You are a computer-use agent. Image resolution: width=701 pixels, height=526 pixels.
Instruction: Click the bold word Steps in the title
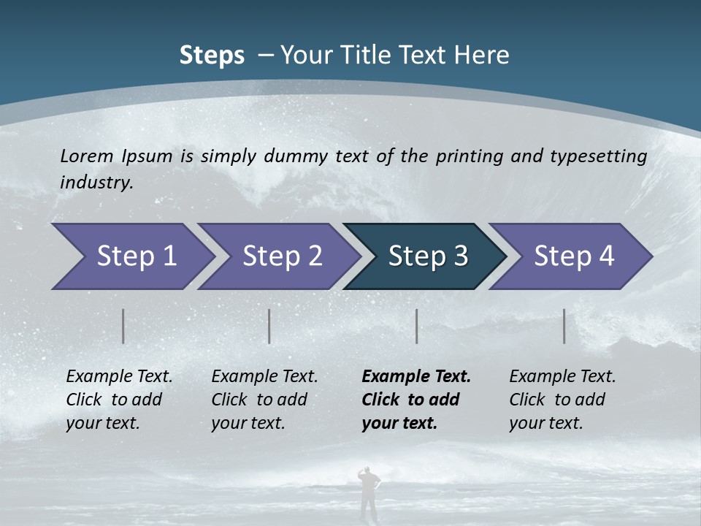coord(212,55)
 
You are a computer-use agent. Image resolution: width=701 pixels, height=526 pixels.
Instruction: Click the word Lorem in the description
coord(85,156)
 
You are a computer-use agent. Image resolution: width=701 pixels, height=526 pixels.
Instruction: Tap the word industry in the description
coord(96,183)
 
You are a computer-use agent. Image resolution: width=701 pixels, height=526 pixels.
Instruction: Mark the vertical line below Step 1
coord(123,326)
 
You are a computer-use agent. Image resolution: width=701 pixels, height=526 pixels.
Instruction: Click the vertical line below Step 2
coord(269,326)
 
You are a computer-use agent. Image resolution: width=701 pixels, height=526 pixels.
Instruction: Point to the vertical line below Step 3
coord(417,326)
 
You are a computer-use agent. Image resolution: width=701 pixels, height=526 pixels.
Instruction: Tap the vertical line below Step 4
coord(564,326)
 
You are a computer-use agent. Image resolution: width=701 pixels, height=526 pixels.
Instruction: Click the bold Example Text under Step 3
coord(416,376)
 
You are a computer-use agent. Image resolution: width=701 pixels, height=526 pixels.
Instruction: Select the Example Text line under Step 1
coord(119,376)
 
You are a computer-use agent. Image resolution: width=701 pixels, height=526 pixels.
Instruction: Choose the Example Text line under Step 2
coord(264,376)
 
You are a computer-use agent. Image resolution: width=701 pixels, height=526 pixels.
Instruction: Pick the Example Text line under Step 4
coord(562,376)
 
